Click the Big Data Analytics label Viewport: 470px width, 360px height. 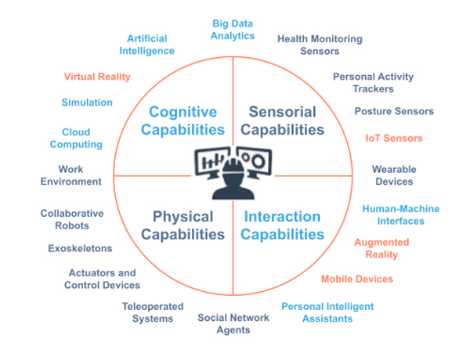click(x=233, y=29)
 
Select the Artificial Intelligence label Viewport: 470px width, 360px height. click(x=146, y=44)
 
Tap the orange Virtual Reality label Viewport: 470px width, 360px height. click(x=97, y=77)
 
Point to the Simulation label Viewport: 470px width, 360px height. click(x=87, y=103)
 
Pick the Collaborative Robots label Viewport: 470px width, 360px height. click(x=71, y=219)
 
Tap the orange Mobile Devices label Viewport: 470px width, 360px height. click(x=356, y=279)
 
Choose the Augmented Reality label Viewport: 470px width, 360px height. click(x=381, y=248)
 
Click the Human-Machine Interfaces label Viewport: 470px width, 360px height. click(x=400, y=214)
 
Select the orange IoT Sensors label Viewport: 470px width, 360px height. click(x=394, y=138)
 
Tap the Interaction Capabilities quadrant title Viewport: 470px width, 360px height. click(x=281, y=225)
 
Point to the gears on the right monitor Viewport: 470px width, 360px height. click(x=255, y=159)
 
